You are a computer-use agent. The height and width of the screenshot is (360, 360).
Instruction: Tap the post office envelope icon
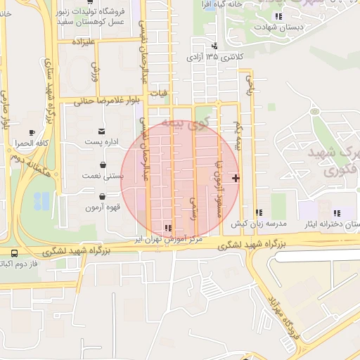[103, 131]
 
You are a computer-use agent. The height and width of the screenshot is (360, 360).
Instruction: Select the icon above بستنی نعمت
[103, 165]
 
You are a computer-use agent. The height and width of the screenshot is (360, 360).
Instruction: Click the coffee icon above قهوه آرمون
[103, 197]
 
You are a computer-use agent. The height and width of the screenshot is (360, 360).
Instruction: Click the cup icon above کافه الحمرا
[32, 132]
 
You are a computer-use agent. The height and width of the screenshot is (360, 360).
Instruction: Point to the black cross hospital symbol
[236, 178]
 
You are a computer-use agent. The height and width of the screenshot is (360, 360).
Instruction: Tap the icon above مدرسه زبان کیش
[259, 212]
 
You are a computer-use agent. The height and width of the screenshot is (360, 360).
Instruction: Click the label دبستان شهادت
[279, 26]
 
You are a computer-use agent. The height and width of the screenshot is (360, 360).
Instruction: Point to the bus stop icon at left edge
[15, 253]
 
